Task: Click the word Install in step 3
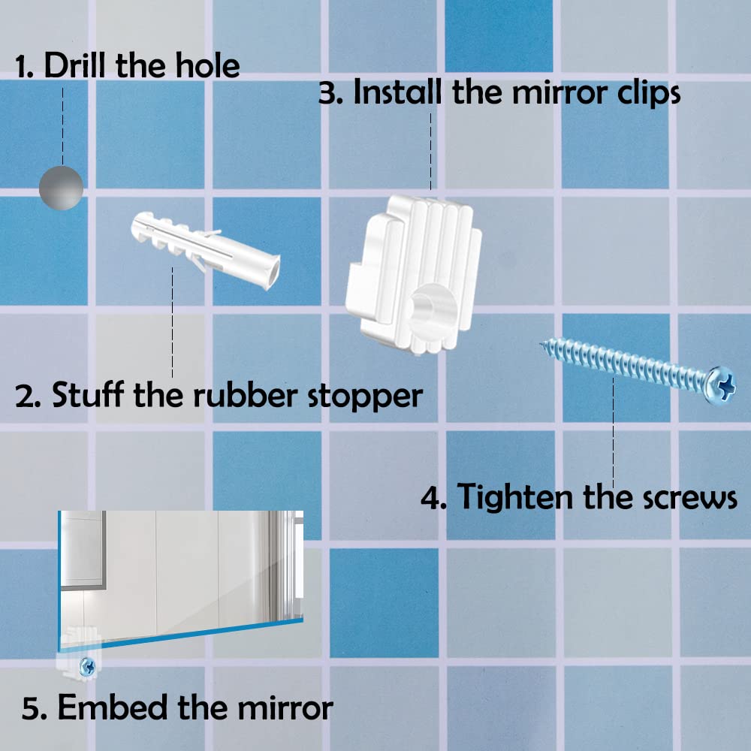click(399, 93)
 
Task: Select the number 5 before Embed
click(31, 708)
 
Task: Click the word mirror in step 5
click(280, 707)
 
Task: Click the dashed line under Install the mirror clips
click(430, 150)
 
